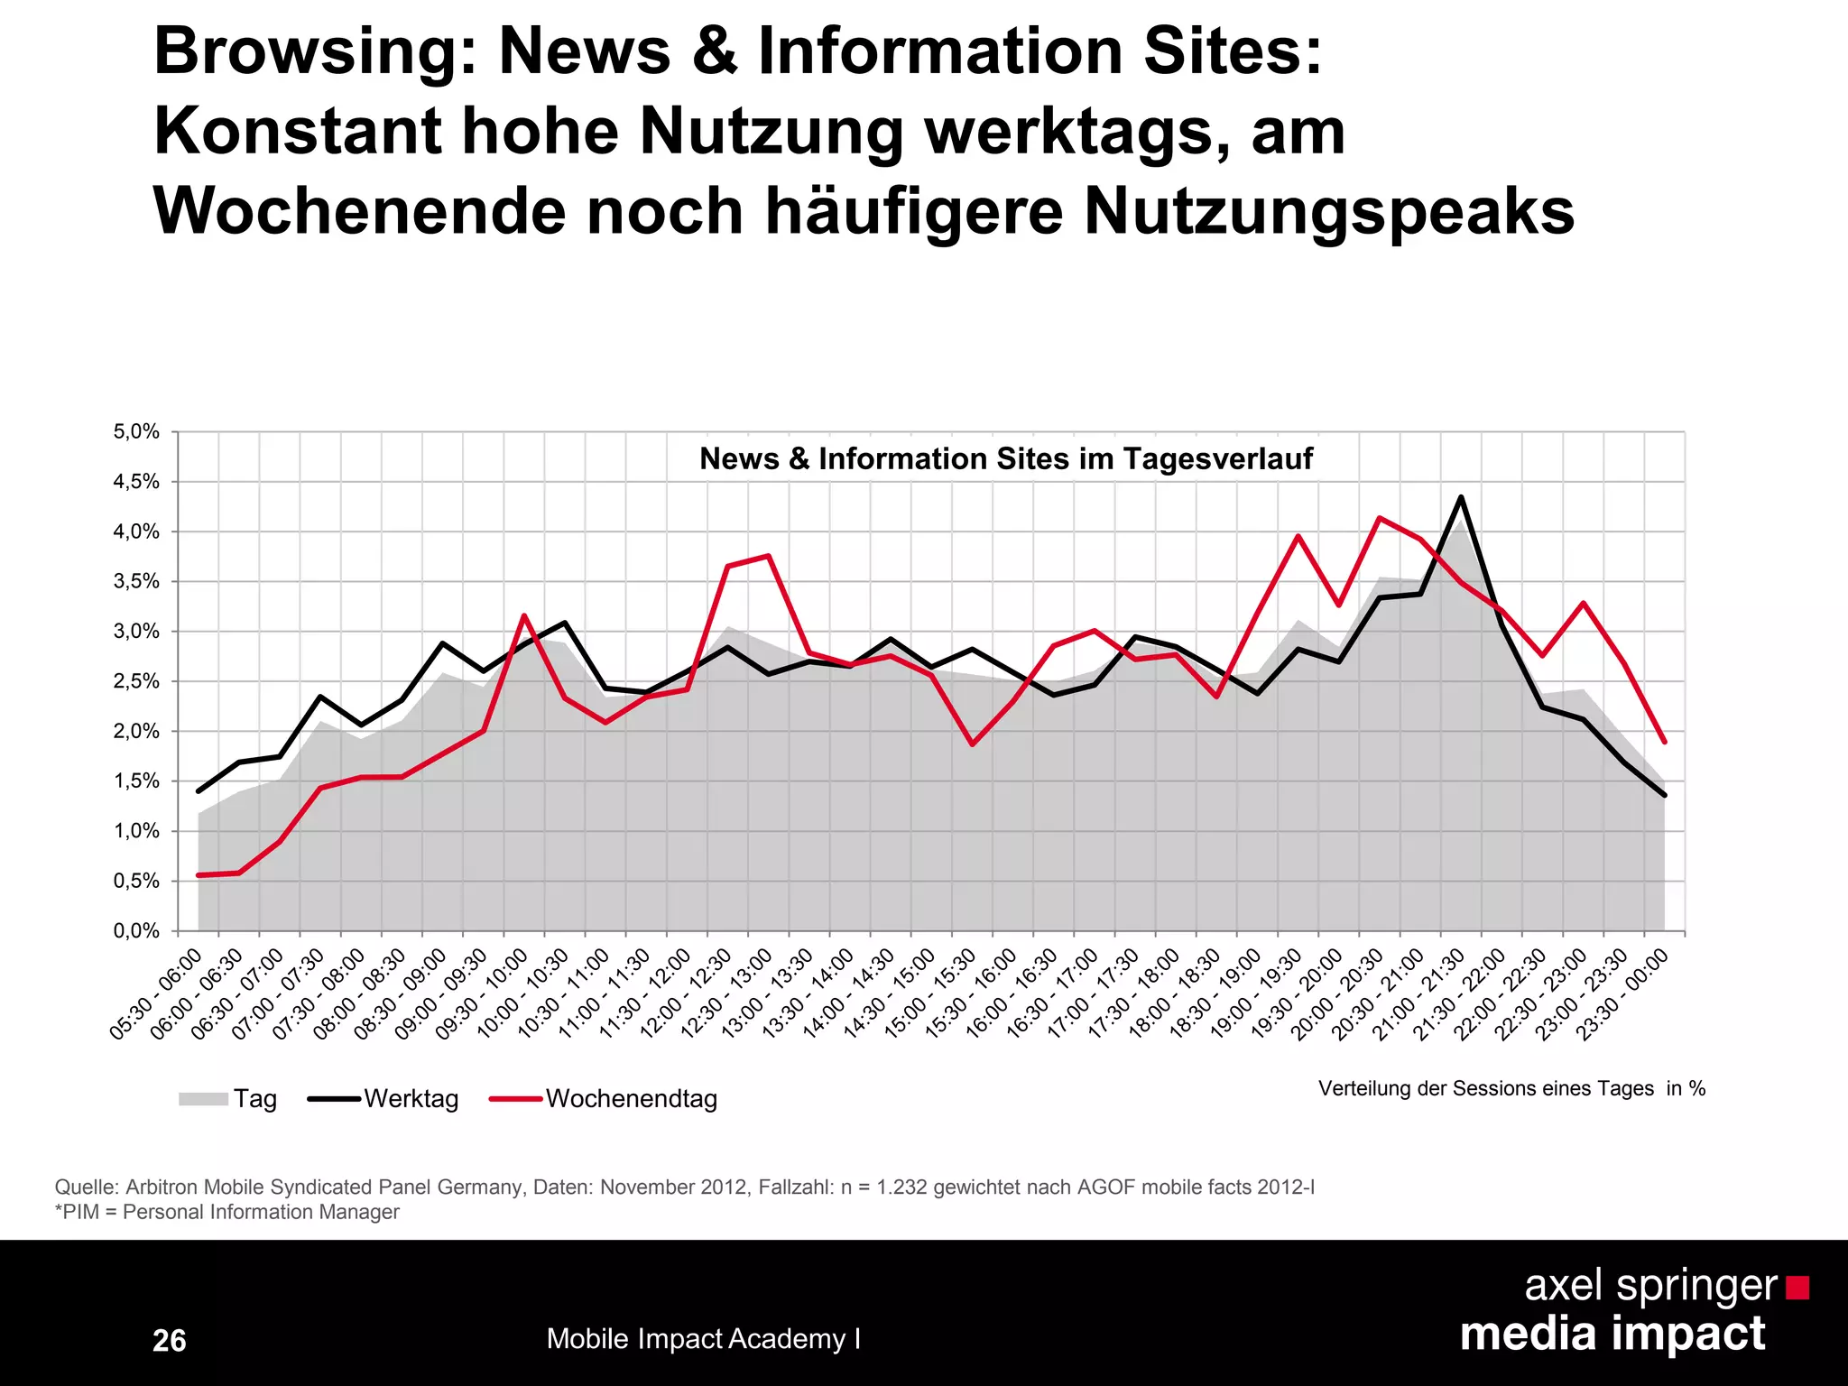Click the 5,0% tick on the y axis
click(x=136, y=432)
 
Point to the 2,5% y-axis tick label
click(x=136, y=681)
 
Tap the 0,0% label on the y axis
click(x=136, y=931)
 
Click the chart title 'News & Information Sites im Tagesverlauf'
click(x=1005, y=458)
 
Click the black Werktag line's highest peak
click(x=1461, y=496)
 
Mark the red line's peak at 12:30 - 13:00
click(x=768, y=556)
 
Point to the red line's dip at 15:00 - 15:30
click(x=972, y=744)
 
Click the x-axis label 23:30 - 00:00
click(x=1626, y=993)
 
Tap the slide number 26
click(x=169, y=1340)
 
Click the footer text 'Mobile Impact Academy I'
click(x=703, y=1338)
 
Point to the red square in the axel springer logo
click(x=1797, y=1288)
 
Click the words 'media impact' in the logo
click(x=1612, y=1334)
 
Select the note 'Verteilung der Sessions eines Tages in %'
click(x=1511, y=1088)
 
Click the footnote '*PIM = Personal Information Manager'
click(x=226, y=1212)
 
